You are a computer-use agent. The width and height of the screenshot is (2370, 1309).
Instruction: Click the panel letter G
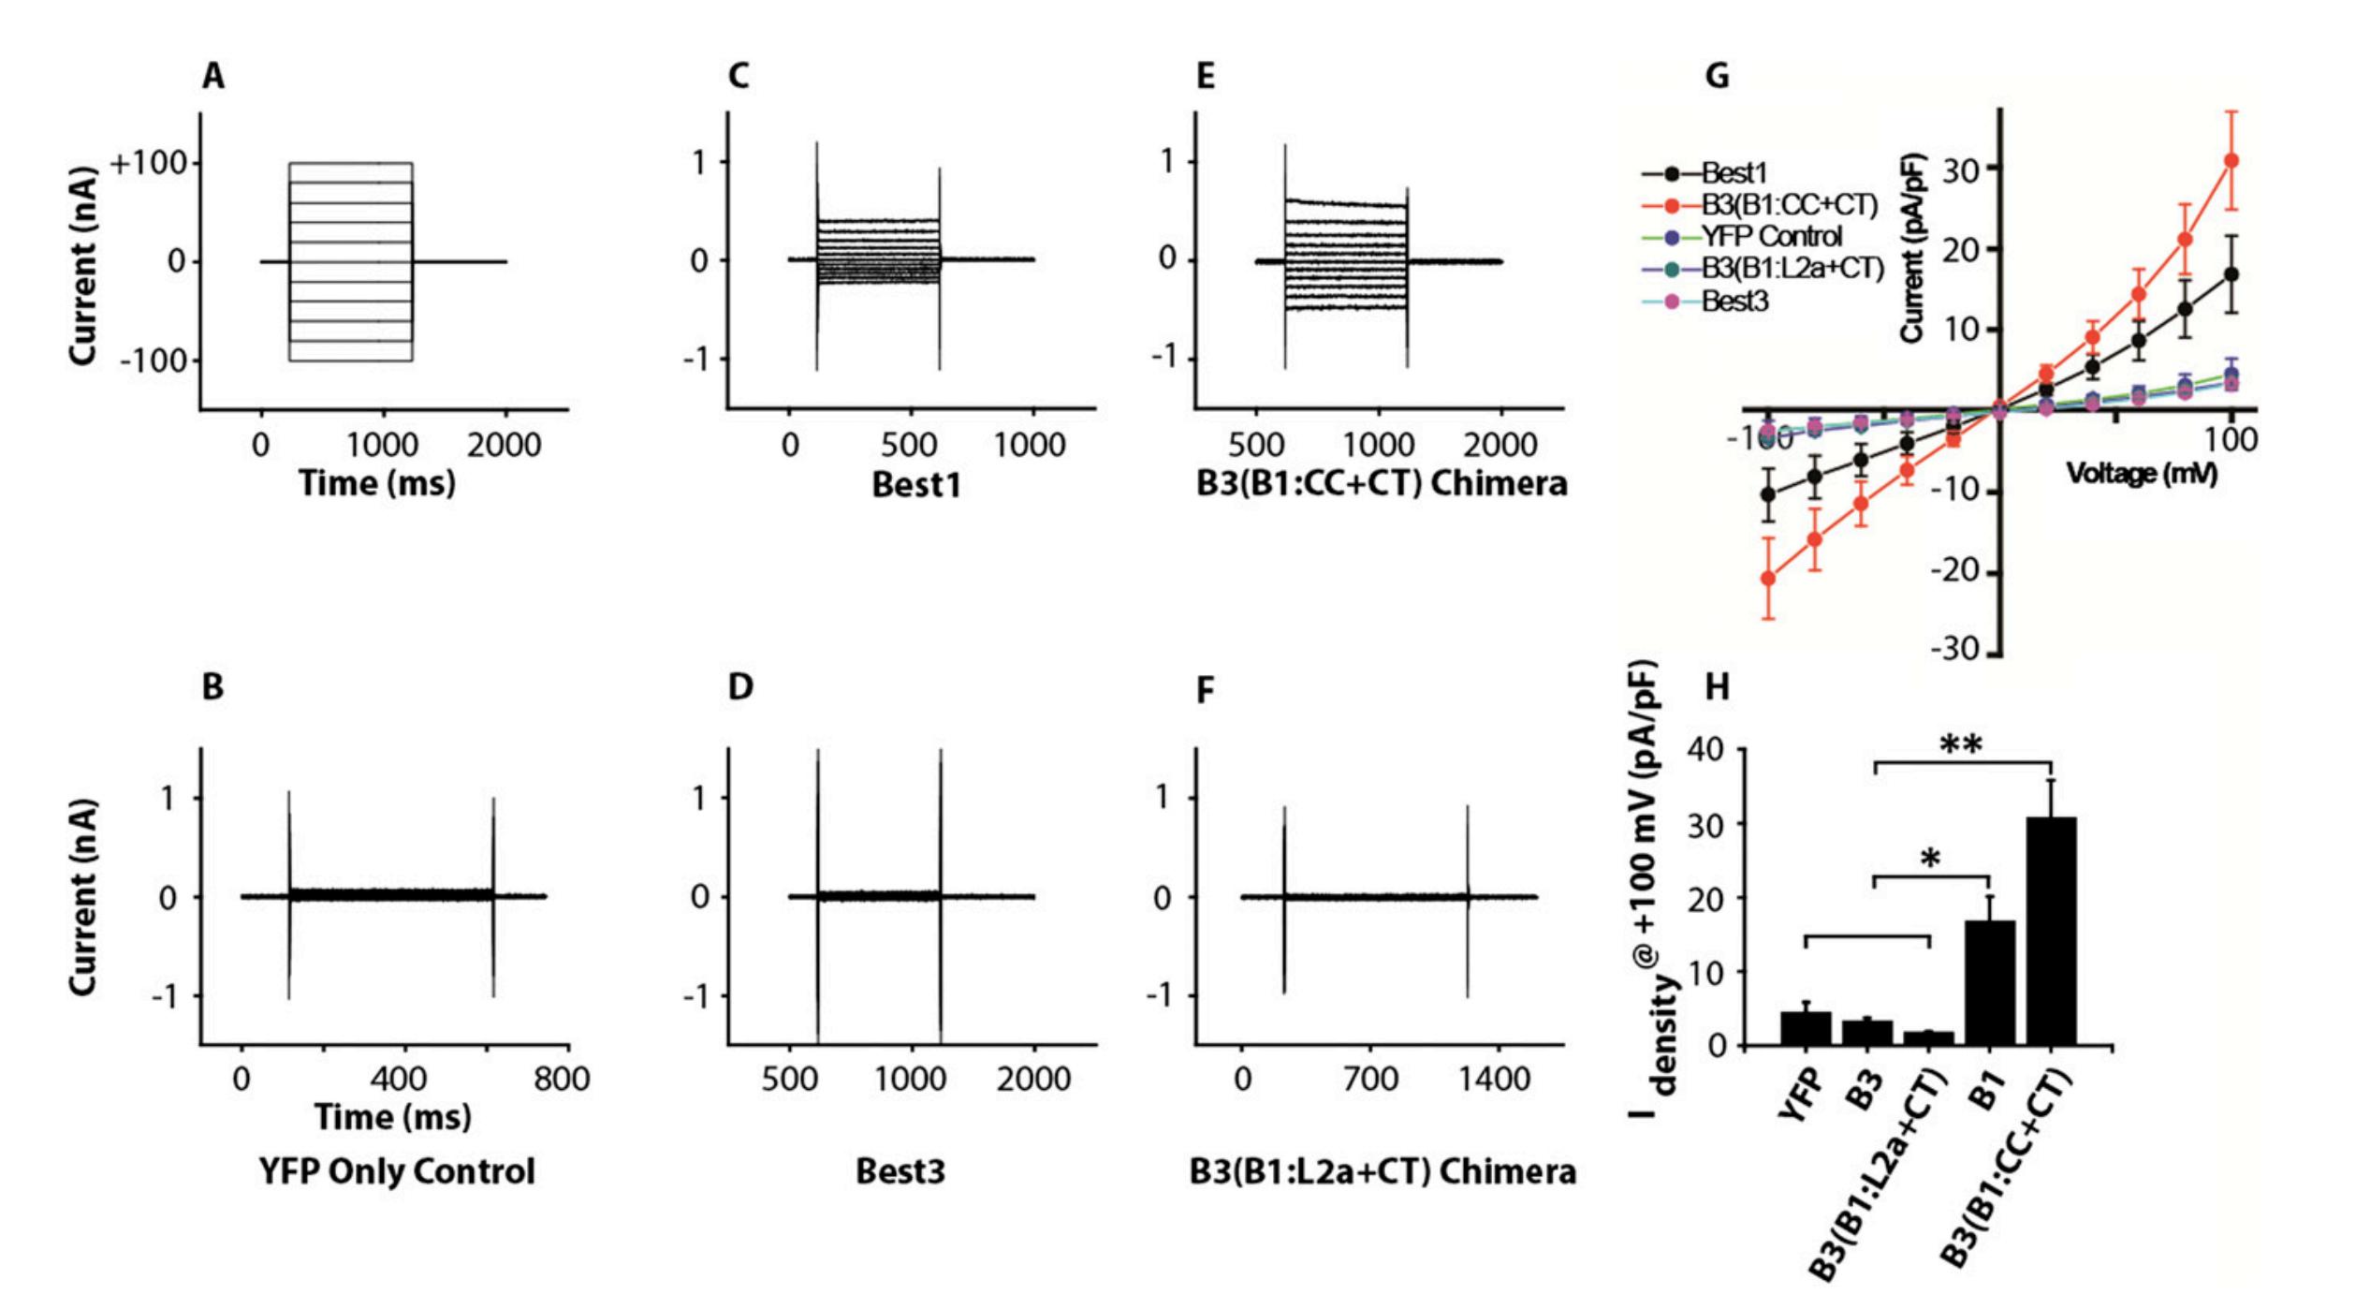click(1717, 76)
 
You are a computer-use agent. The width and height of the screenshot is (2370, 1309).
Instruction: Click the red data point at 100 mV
click(2231, 161)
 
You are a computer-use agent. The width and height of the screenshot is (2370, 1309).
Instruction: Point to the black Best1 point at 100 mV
click(2231, 274)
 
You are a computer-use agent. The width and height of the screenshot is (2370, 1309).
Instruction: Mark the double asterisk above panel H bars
click(1961, 746)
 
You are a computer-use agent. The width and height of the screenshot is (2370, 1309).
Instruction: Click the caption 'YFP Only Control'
click(397, 1171)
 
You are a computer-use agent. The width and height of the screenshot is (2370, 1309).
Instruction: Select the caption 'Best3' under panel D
click(900, 1171)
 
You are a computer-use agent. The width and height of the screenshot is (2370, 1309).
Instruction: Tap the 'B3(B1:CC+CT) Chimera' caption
click(1382, 484)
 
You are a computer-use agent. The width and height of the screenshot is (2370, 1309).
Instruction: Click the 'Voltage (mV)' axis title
click(2142, 474)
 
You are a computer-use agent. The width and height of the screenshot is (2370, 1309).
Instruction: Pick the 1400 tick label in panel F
click(1494, 1080)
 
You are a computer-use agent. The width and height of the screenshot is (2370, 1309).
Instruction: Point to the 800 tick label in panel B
click(562, 1080)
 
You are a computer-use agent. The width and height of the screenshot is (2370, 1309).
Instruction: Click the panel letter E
click(1206, 76)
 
